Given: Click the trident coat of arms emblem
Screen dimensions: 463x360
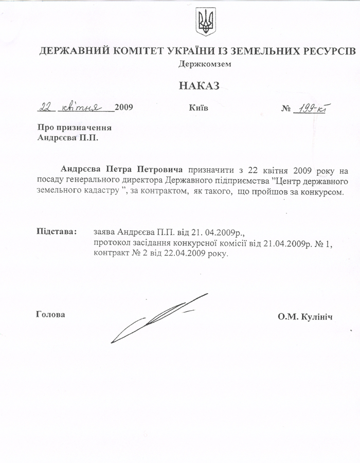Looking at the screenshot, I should [x=206, y=22].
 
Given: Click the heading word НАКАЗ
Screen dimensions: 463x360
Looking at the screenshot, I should [x=199, y=85].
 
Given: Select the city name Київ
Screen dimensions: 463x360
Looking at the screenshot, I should [x=199, y=108].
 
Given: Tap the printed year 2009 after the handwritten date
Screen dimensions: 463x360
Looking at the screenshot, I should [x=124, y=108].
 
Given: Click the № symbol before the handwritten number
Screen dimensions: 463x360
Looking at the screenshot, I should [x=286, y=109].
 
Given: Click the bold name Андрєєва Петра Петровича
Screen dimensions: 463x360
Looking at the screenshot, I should [x=121, y=169].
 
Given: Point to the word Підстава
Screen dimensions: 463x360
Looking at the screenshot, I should [x=57, y=231].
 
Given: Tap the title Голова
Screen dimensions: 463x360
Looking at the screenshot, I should [x=51, y=314].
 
